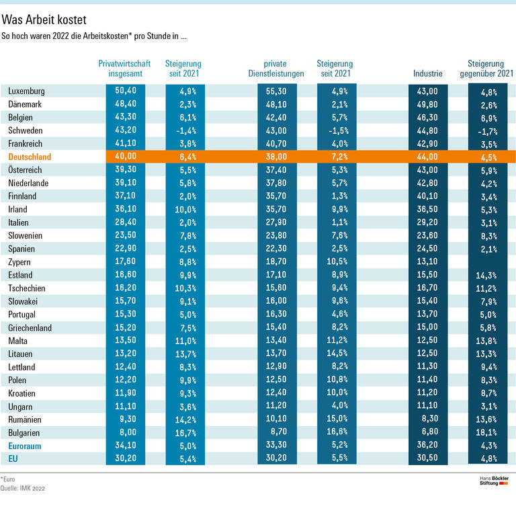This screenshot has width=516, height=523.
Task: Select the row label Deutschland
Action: (30, 157)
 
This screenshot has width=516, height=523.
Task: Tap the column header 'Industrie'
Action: (428, 73)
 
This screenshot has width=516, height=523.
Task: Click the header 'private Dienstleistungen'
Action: (279, 69)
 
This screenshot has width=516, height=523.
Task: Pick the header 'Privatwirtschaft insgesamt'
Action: (125, 69)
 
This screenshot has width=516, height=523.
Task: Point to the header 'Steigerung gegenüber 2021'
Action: (487, 69)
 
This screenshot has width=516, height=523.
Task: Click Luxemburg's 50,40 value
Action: (126, 91)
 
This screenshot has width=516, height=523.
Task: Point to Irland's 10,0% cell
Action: (183, 209)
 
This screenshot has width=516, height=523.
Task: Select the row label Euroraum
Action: (26, 446)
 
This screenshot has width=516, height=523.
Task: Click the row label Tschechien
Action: (27, 288)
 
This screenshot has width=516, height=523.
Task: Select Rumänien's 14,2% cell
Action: (183, 419)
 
